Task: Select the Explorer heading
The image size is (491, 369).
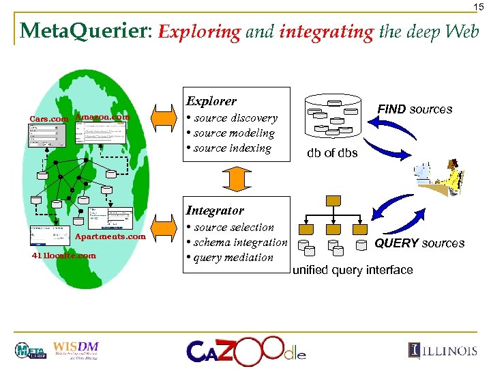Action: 211,101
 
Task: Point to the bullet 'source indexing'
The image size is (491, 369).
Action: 231,148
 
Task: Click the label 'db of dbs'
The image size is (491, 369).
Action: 332,153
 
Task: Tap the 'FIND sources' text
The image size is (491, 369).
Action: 415,109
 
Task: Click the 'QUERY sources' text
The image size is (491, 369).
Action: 419,243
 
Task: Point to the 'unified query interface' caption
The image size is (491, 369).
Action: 353,271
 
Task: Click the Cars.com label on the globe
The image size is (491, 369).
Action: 49,119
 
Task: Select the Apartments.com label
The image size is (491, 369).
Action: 110,236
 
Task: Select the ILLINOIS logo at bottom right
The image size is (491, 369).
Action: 443,351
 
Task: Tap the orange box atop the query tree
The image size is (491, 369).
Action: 333,201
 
